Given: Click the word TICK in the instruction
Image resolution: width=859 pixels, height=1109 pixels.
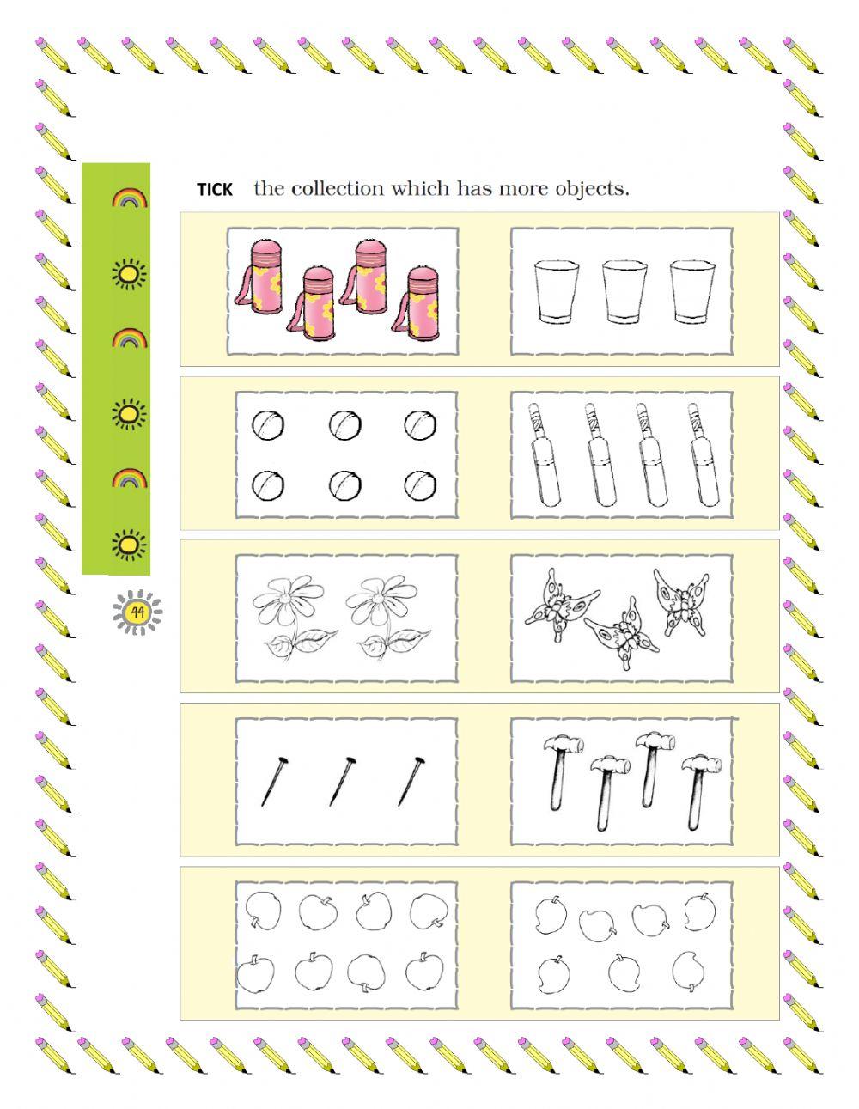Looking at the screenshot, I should [x=215, y=190].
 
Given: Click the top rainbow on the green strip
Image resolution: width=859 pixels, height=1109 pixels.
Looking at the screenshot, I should [x=130, y=199].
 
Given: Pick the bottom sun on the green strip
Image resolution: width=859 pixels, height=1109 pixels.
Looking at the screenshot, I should [x=129, y=544].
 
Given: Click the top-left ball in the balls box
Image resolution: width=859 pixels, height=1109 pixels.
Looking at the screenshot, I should [x=267, y=424].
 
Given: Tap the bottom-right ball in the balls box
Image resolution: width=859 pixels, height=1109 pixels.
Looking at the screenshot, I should [x=421, y=484].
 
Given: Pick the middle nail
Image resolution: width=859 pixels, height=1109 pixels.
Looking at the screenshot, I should [x=342, y=781].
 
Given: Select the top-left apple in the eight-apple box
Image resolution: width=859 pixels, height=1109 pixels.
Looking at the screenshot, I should [x=259, y=910].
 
